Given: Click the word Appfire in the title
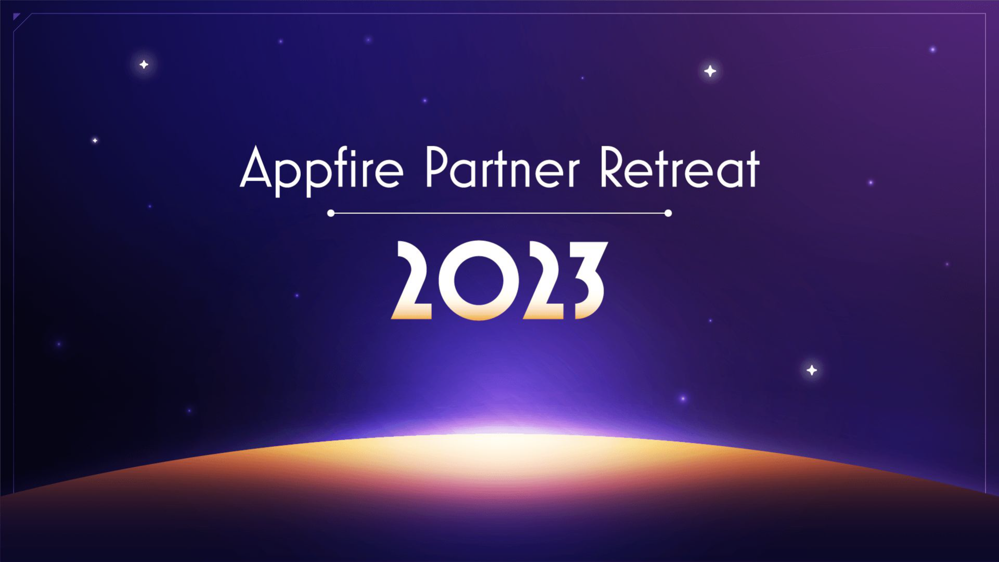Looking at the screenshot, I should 321,169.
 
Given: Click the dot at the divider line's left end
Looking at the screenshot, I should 331,213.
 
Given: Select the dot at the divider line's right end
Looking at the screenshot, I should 668,213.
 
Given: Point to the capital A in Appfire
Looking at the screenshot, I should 256,168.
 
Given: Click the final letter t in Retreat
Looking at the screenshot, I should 753,169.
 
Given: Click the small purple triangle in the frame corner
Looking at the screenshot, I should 16,17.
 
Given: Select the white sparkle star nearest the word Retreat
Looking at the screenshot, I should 710,71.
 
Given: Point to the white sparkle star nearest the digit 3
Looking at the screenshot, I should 812,370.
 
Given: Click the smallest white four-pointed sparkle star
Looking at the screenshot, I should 95,140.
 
